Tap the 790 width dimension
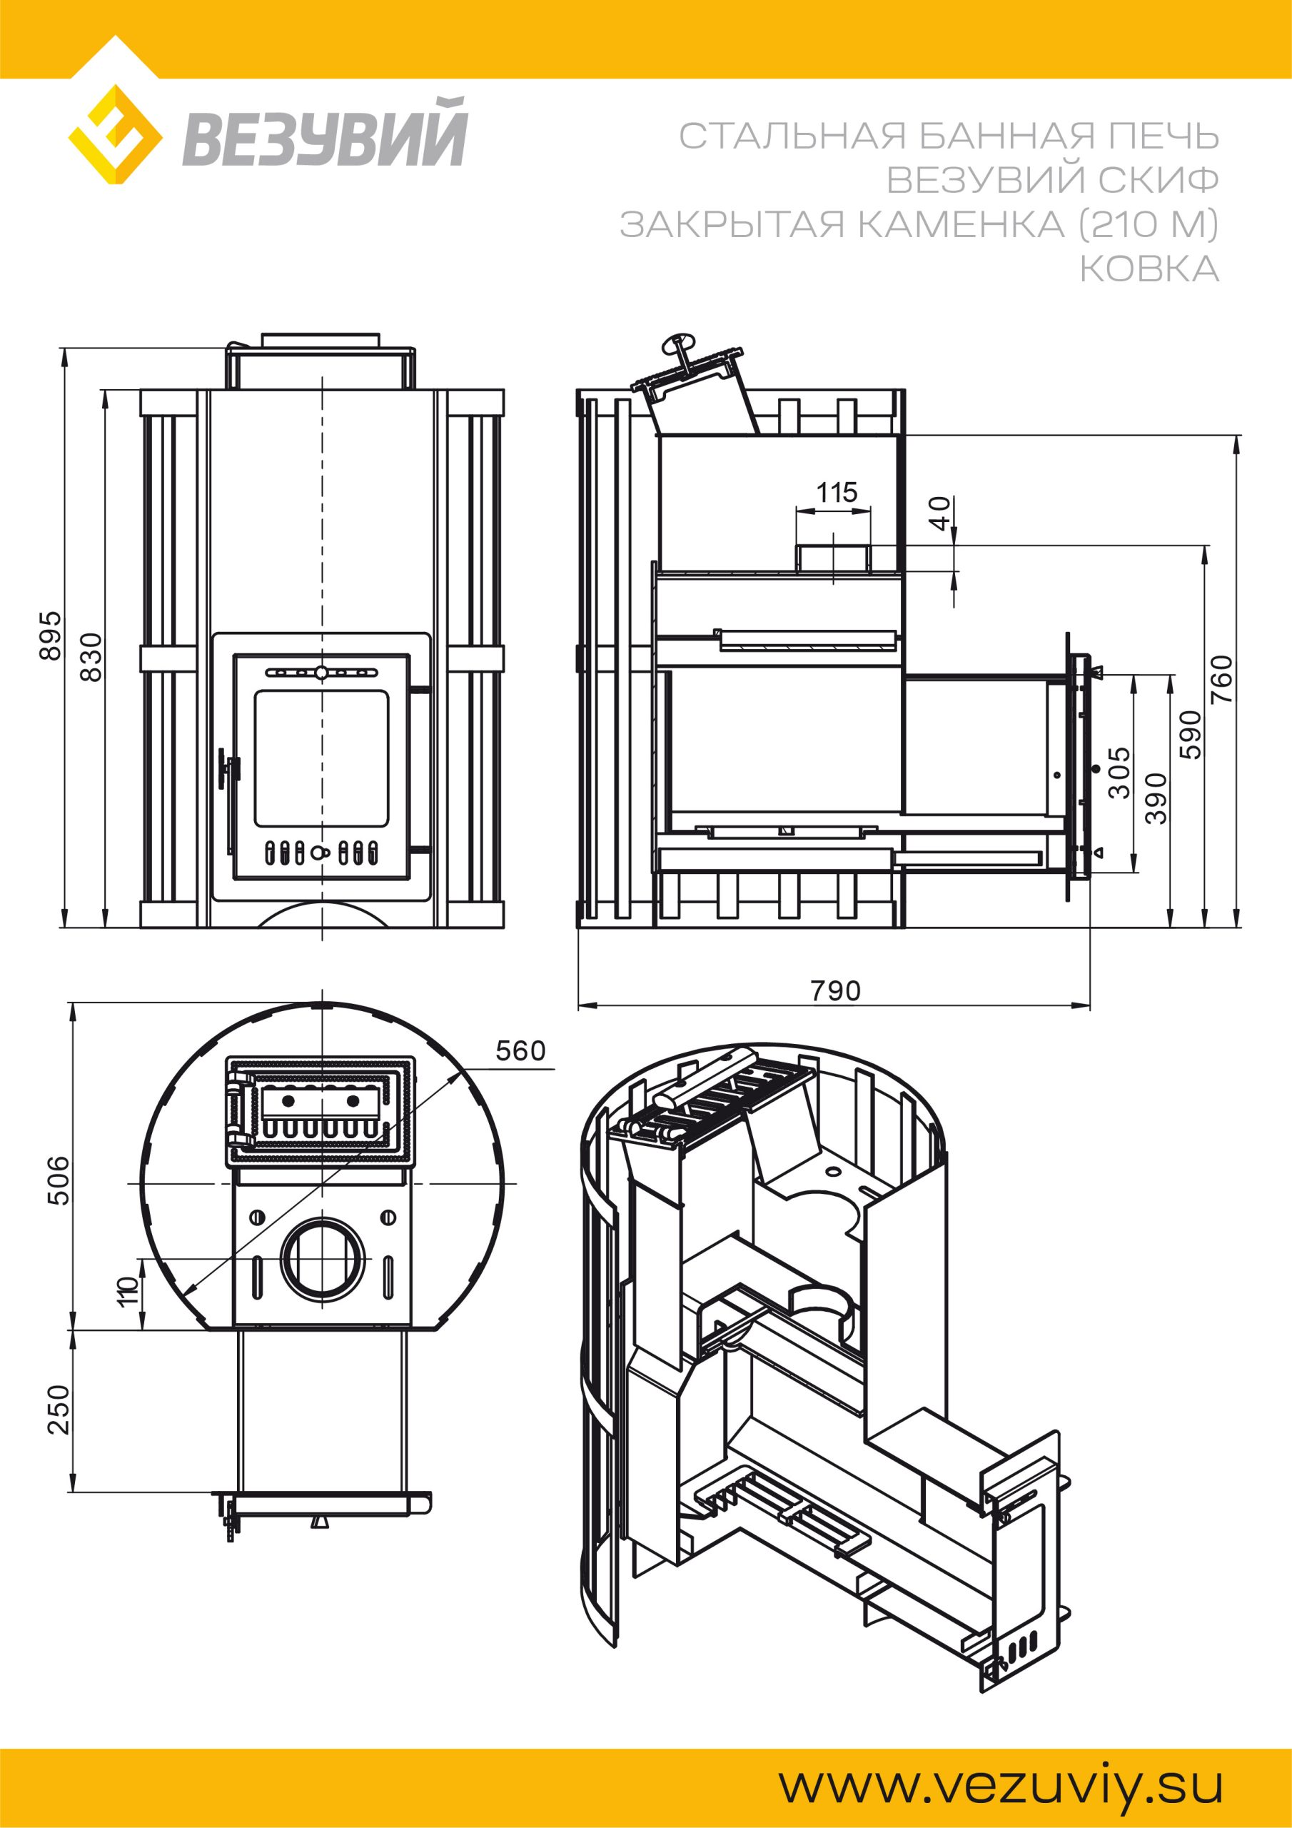[x=835, y=990]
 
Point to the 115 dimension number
[x=837, y=492]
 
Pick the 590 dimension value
[x=1190, y=734]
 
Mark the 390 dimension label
[x=1156, y=798]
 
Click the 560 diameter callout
[x=520, y=1051]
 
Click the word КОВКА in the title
[x=1149, y=270]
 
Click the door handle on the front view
[x=228, y=770]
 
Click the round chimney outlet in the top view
[x=325, y=1258]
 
